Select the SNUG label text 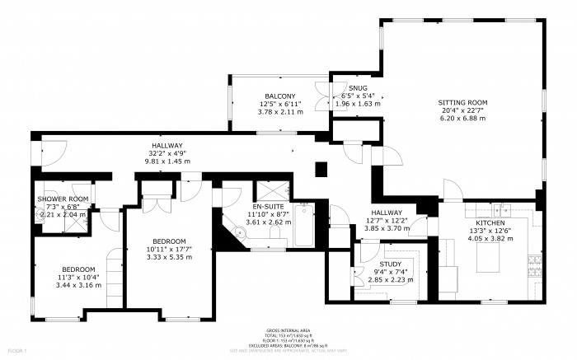358,88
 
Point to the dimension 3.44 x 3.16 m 79,285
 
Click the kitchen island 493,262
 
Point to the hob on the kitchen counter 534,266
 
